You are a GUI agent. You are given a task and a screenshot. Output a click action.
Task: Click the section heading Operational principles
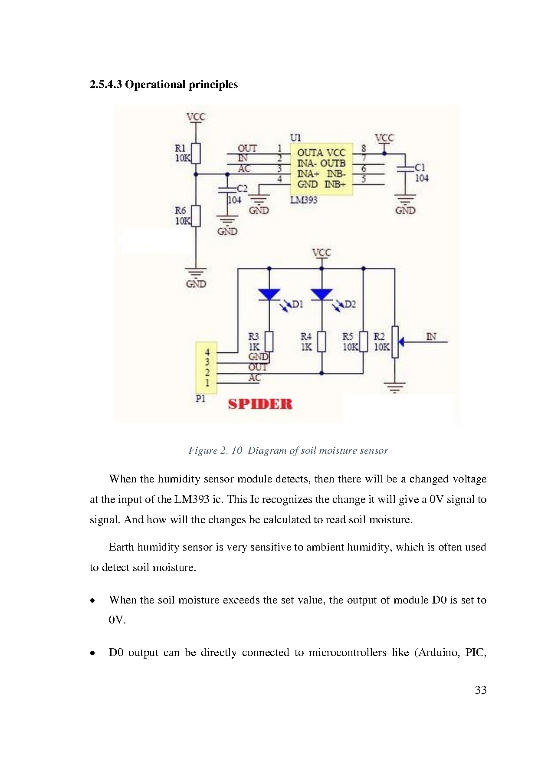(x=164, y=84)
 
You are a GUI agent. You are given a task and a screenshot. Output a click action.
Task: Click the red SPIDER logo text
(x=260, y=404)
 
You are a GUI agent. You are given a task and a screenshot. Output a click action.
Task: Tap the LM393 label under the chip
(x=303, y=200)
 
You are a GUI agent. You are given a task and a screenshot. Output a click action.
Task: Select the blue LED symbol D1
(x=269, y=295)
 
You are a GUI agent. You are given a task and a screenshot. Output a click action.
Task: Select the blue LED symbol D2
(x=322, y=295)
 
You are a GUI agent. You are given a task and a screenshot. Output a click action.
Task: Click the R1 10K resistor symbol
(x=196, y=153)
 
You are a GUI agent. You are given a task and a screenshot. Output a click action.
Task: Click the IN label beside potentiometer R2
(x=431, y=336)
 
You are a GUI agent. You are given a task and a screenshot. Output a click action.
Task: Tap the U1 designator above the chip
(x=295, y=138)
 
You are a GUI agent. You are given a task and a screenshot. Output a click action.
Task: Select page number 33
(x=480, y=690)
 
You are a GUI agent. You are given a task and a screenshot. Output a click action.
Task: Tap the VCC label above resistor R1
(x=196, y=117)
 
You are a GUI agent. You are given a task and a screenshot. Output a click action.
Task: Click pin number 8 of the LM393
(x=364, y=148)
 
